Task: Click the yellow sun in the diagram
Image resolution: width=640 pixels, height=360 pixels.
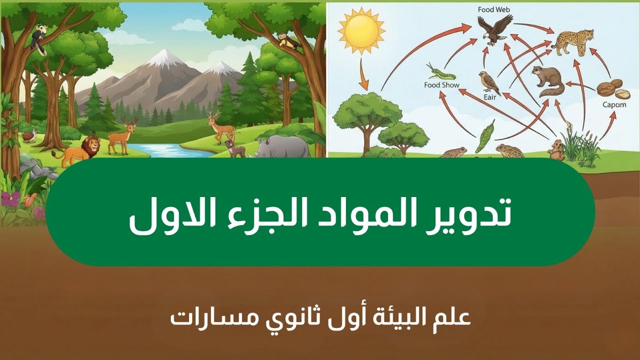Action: [x=361, y=30]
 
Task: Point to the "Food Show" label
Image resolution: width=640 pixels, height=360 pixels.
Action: [x=441, y=85]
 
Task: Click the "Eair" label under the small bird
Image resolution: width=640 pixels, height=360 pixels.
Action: [x=489, y=97]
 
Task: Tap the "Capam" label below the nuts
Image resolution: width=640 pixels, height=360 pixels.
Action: [x=613, y=104]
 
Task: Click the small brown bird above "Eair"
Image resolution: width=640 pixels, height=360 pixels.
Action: [x=487, y=81]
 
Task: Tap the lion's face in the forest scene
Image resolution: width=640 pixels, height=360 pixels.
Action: [x=91, y=145]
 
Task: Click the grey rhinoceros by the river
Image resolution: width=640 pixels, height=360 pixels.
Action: [x=285, y=146]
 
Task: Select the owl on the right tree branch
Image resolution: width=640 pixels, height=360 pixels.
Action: [x=285, y=41]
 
